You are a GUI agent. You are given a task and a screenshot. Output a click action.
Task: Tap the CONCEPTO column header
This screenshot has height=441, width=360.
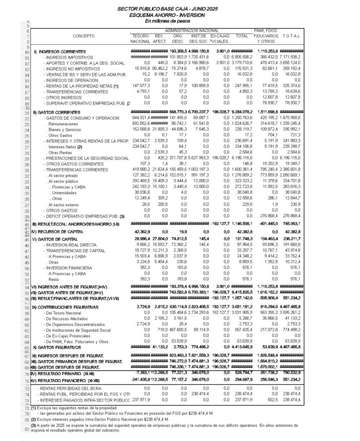coord(84,36)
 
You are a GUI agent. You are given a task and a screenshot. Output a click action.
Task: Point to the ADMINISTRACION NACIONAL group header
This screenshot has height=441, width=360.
coord(191,31)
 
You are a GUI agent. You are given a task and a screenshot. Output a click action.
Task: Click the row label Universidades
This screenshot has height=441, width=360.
coord(65,193)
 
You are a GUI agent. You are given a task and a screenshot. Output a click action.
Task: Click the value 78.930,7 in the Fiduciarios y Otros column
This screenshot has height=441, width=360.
coord(268,103)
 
